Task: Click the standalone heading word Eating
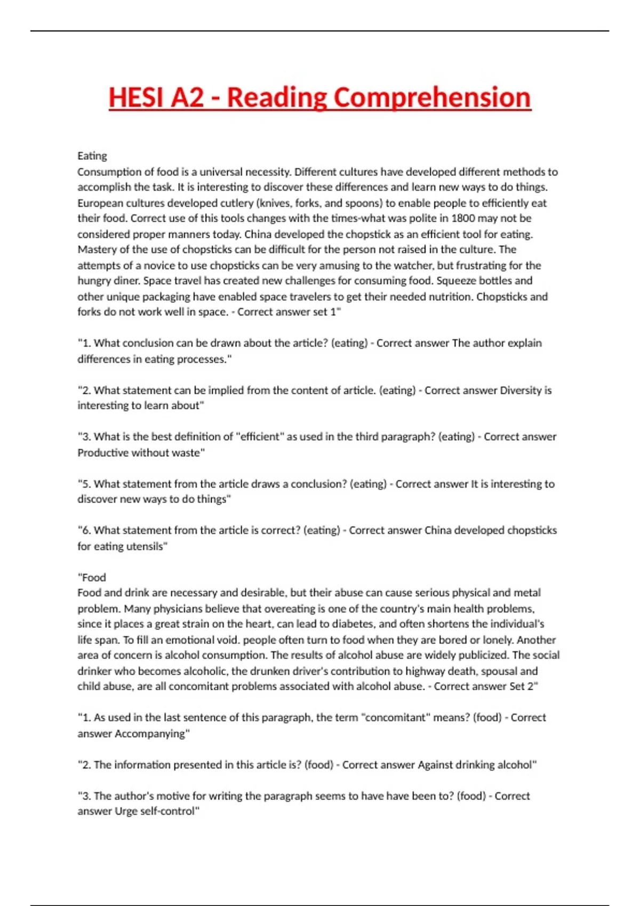click(x=92, y=156)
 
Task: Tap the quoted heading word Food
click(x=94, y=577)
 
